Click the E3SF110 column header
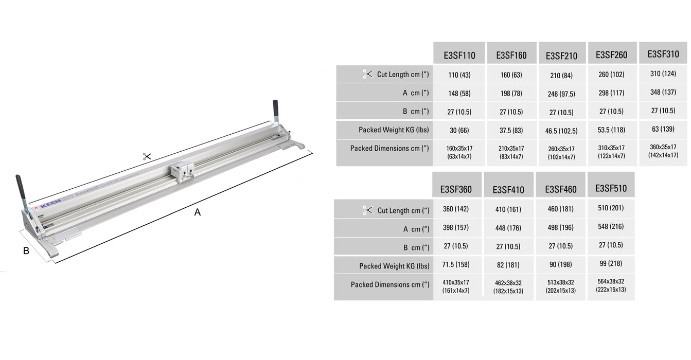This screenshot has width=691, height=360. coord(459,56)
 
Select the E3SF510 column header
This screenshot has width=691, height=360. coord(611,188)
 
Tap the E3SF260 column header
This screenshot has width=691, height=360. coord(611,55)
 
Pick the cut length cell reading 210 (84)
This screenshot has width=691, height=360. coord(561,75)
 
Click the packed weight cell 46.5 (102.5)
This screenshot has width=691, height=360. coord(561,131)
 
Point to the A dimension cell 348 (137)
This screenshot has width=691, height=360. coord(663,92)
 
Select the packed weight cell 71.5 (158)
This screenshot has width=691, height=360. coord(456,264)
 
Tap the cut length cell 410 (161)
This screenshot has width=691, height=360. coord(508,210)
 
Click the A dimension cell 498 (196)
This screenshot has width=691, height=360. coord(560,227)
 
